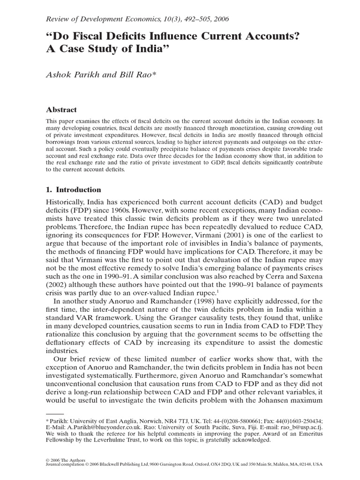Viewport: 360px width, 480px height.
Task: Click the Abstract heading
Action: pyautogui.click(x=61, y=110)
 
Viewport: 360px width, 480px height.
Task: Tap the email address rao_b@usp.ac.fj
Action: pyautogui.click(x=300, y=428)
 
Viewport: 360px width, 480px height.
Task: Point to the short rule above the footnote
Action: pyautogui.click(x=54, y=414)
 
